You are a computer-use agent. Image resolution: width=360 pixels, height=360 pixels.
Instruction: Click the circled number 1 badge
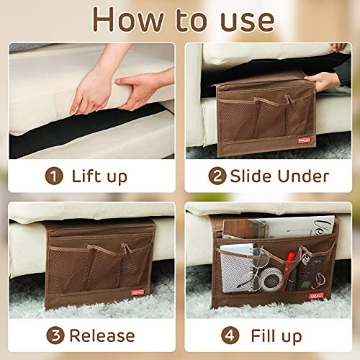click(53, 175)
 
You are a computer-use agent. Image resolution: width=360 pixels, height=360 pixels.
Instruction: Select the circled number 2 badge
click(216, 175)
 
